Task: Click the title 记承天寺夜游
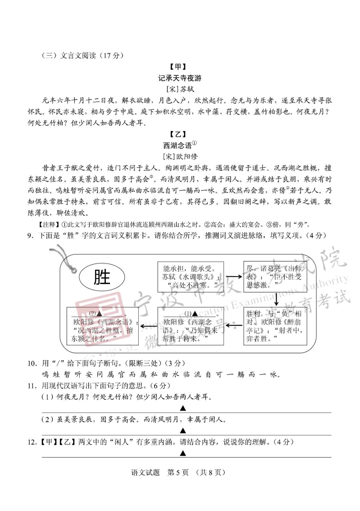pos(180,78)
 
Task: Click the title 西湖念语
pos(177,145)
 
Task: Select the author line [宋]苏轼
pos(180,89)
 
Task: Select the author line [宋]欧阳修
pos(180,156)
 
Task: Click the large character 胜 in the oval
pos(102,277)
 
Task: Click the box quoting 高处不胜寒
pos(190,277)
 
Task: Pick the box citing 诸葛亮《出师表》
pos(275,277)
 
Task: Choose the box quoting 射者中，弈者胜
pos(275,326)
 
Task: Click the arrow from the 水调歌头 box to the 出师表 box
pos(234,276)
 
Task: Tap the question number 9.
pos(31,235)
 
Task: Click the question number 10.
pos(32,363)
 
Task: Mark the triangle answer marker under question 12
pos(183,453)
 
